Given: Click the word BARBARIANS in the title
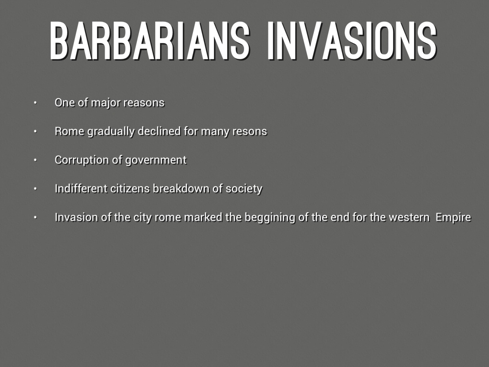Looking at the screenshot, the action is click(x=150, y=41).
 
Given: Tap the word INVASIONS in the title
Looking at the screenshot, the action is click(x=352, y=41).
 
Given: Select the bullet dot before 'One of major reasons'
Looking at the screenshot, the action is click(x=35, y=103).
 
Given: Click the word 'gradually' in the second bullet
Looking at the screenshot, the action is click(x=111, y=132).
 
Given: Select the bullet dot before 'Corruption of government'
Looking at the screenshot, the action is click(x=35, y=160).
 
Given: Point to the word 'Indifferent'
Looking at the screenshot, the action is click(x=81, y=188).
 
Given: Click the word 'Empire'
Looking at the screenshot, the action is click(x=453, y=217).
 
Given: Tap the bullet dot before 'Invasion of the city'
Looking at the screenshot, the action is click(x=35, y=217).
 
